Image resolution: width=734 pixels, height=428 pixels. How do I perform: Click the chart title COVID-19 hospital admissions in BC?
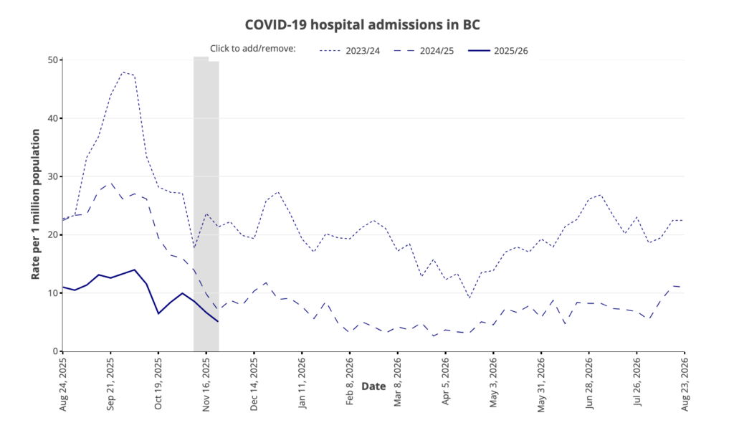tap(362, 24)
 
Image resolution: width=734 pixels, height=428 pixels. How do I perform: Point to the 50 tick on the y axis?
tap(52, 60)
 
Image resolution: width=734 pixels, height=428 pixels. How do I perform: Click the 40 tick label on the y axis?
tap(52, 118)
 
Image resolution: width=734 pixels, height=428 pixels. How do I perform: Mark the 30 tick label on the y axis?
tap(52, 176)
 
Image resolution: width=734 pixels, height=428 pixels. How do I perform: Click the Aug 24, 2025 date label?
tap(62, 383)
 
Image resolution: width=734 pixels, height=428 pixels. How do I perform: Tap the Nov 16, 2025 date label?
tap(206, 383)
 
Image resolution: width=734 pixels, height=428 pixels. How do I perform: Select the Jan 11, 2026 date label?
tap(302, 383)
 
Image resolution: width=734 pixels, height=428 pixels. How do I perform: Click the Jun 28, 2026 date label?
tap(589, 383)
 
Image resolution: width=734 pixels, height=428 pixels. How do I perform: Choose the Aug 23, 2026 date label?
tap(685, 383)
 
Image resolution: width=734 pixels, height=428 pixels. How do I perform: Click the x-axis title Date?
tap(373, 386)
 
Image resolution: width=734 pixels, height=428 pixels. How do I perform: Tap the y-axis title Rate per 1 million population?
tap(35, 205)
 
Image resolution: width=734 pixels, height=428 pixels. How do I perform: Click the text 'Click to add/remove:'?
tap(253, 49)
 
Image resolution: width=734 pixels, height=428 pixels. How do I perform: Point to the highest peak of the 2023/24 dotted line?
tap(123, 72)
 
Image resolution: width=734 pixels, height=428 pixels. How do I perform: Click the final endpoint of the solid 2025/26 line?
tap(218, 321)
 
